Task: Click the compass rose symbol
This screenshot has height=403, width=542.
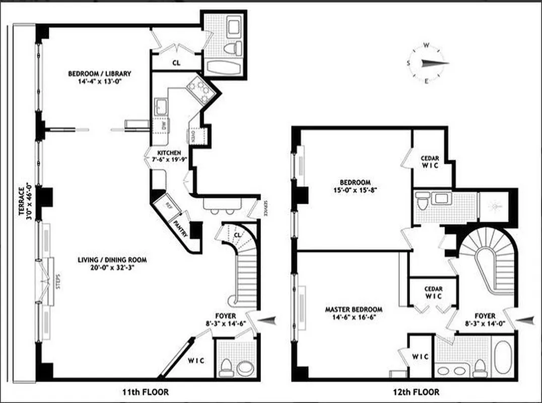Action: (427, 62)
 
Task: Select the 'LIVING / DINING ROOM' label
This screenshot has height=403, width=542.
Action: (112, 260)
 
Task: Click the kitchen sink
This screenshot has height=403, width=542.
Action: (162, 107)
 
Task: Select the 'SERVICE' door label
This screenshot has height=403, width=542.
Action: (264, 207)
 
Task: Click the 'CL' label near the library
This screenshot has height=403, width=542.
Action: (176, 63)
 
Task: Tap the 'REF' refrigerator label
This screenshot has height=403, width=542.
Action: (170, 206)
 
